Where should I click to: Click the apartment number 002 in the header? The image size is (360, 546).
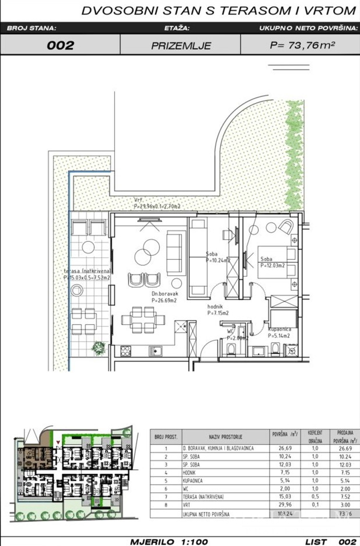[x=60, y=45]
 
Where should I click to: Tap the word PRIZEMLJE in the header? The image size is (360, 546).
[x=181, y=45]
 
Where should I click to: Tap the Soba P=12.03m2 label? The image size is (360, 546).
[x=272, y=262]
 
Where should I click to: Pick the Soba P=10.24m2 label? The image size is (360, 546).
[x=218, y=258]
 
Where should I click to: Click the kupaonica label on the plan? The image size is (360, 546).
[x=279, y=332]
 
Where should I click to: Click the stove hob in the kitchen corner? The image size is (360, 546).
[x=124, y=350]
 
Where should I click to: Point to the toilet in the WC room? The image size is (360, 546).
[x=231, y=349]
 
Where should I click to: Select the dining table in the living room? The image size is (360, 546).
[x=139, y=320]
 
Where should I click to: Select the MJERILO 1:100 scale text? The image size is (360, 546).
[x=169, y=541]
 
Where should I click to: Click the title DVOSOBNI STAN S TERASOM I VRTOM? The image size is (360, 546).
[x=218, y=11]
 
